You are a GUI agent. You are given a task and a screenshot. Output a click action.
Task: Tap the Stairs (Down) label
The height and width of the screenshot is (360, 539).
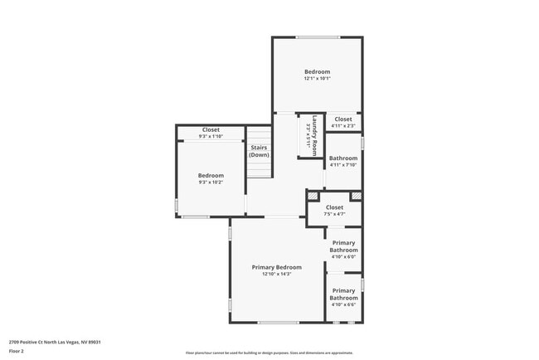pyautogui.click(x=260, y=151)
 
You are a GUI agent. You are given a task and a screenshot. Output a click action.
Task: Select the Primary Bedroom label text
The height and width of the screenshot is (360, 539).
pyautogui.click(x=276, y=267)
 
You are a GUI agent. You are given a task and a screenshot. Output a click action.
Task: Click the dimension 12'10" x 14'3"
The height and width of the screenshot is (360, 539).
pyautogui.click(x=276, y=275)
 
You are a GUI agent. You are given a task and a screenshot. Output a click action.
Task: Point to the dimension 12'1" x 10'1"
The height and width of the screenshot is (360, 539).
pyautogui.click(x=317, y=80)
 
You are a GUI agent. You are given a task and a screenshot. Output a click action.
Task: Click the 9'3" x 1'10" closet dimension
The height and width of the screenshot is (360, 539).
pyautogui.click(x=211, y=136)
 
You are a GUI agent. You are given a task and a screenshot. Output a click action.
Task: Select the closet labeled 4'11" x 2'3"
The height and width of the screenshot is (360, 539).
pyautogui.click(x=342, y=122)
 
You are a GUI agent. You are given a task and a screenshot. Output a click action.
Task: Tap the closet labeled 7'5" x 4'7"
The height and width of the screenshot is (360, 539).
pyautogui.click(x=334, y=210)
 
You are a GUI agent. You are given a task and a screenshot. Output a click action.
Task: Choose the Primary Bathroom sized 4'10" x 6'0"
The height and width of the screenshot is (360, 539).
pyautogui.click(x=343, y=249)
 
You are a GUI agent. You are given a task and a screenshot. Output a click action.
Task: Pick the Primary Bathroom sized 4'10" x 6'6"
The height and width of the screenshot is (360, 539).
pyautogui.click(x=343, y=297)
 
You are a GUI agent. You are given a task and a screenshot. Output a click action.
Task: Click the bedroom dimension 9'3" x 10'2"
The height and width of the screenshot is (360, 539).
pyautogui.click(x=211, y=182)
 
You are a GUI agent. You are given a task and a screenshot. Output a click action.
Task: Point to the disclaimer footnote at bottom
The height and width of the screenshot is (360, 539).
pyautogui.click(x=269, y=353)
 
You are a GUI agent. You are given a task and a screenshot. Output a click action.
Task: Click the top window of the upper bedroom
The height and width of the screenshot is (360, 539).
pyautogui.click(x=318, y=36)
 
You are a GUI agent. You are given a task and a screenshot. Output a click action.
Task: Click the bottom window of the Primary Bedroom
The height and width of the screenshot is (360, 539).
pyautogui.click(x=278, y=322)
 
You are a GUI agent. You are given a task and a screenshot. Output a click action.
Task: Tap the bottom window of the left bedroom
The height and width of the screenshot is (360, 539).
pyautogui.click(x=196, y=217)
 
